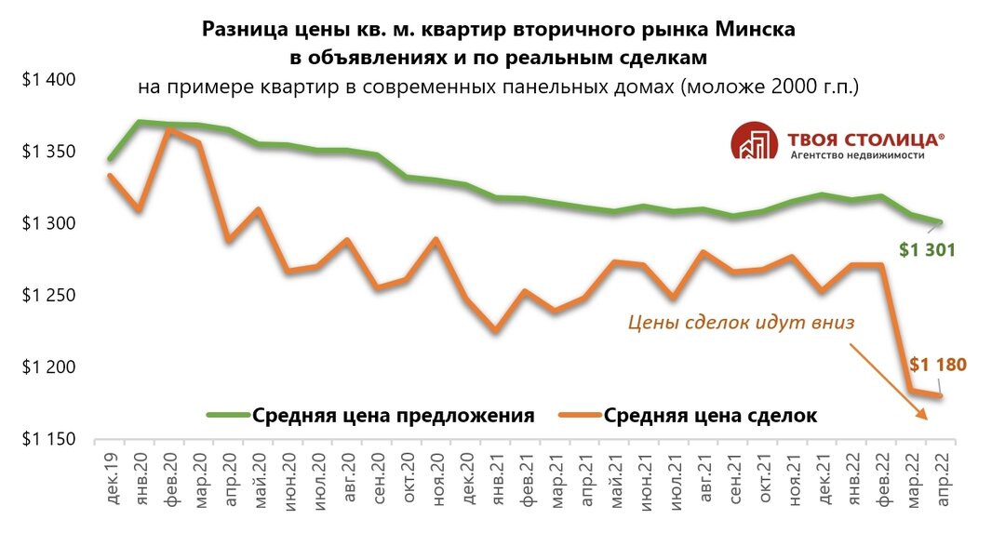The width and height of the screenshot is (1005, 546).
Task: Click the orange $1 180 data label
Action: (936, 365)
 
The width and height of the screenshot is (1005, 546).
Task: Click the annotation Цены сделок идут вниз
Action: (741, 323)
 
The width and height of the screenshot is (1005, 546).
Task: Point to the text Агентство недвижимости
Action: (857, 156)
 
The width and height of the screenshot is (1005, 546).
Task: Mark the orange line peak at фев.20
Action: (168, 130)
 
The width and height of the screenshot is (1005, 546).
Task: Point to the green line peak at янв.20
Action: (140, 122)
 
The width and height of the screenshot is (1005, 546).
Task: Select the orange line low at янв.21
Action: (496, 330)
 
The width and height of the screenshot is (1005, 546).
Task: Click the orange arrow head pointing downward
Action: (922, 417)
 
